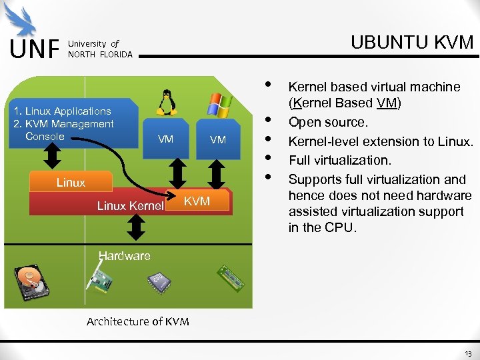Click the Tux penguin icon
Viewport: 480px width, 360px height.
pos(165,103)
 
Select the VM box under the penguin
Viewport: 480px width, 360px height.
pos(165,139)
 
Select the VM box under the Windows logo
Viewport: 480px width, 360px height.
pos(218,139)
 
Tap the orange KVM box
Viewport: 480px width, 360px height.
pos(197,201)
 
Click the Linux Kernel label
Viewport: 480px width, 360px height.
pos(130,205)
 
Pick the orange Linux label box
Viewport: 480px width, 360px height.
pos(71,183)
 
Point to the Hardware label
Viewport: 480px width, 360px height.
pos(124,255)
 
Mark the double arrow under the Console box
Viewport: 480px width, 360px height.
pos(53,159)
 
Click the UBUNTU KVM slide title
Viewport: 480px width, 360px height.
pos(411,43)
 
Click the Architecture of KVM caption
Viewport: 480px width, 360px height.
pos(137,321)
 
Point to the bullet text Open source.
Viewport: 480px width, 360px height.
pos(327,123)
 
